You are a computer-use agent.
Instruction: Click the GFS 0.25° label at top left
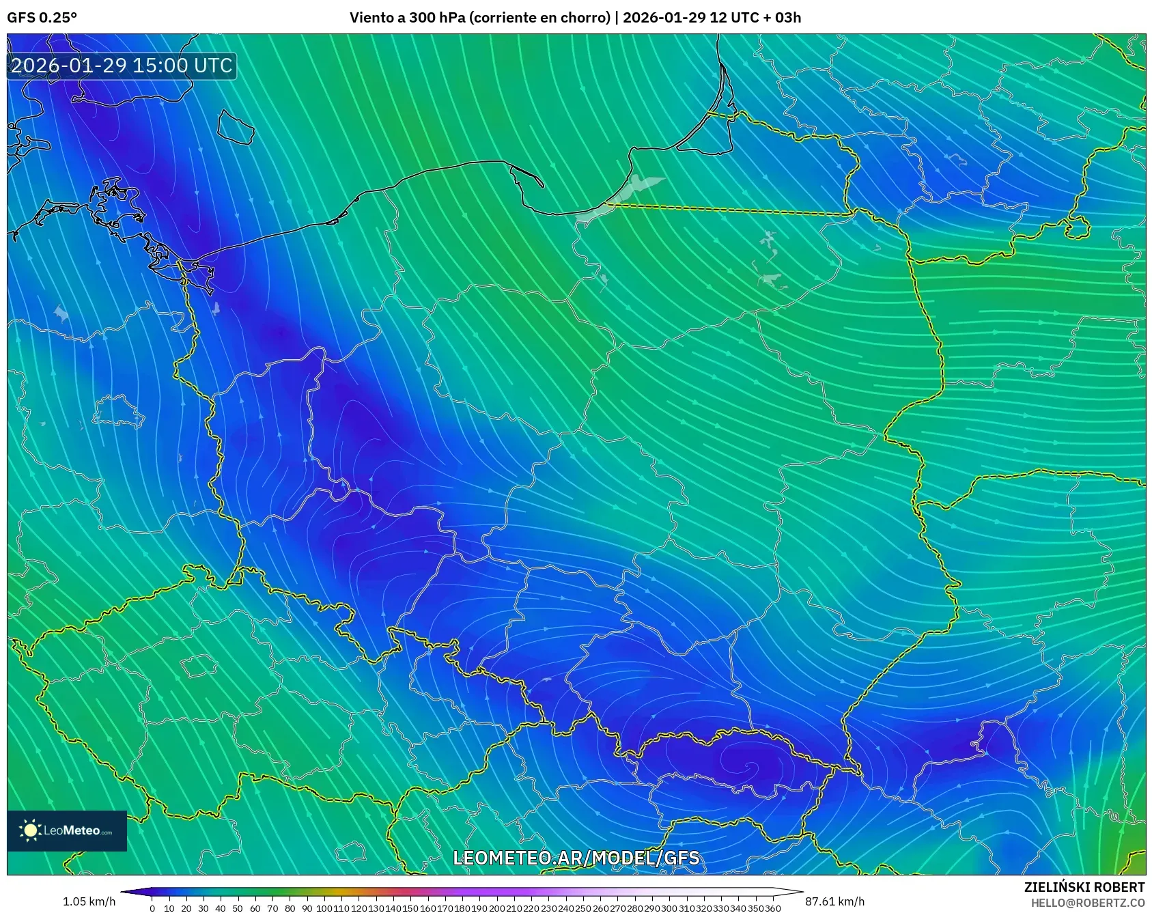(x=42, y=18)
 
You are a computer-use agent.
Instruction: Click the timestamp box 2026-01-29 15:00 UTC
(x=122, y=66)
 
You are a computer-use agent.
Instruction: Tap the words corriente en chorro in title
(x=539, y=18)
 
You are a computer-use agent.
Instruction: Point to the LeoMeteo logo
(x=67, y=830)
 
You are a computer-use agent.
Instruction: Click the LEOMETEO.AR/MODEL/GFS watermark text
(x=576, y=858)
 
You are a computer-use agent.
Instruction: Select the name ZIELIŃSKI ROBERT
(x=1084, y=887)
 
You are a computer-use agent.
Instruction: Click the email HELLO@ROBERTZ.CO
(x=1087, y=903)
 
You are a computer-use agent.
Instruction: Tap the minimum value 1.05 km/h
(x=89, y=901)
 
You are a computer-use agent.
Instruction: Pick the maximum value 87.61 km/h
(x=834, y=901)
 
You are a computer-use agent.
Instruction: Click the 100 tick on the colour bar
(x=324, y=908)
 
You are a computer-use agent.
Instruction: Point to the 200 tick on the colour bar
(x=496, y=908)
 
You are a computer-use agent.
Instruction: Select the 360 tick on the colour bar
(x=772, y=908)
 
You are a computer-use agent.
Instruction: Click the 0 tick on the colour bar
(x=152, y=908)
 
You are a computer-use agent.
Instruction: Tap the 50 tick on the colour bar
(x=238, y=908)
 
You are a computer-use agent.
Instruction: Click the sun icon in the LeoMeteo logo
(x=30, y=830)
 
